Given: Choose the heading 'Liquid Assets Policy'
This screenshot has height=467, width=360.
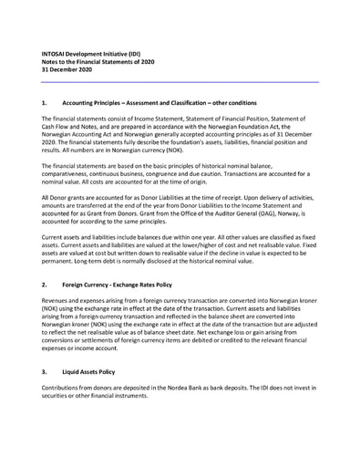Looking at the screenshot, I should [89, 372].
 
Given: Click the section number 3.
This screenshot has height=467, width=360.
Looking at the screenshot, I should [45, 372].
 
